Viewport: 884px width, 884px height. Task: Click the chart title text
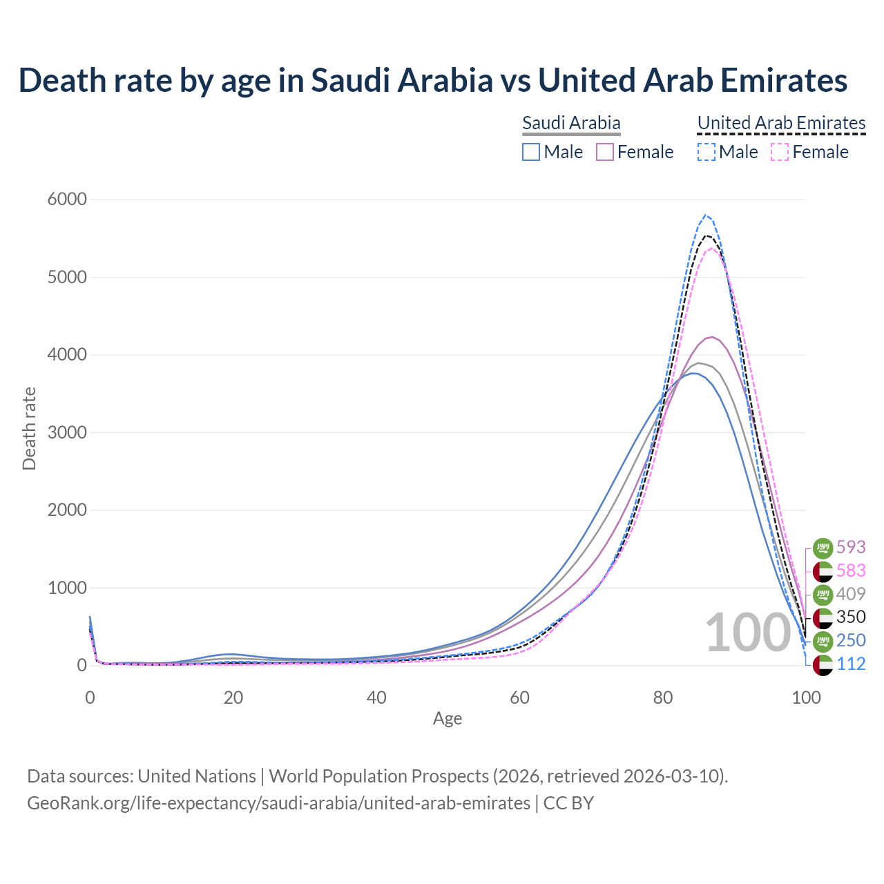(433, 80)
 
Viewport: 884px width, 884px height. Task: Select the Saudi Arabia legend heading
(571, 123)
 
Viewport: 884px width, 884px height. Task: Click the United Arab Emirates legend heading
(781, 123)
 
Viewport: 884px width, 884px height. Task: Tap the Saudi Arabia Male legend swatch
(531, 152)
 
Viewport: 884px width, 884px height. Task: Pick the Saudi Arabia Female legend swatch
(605, 152)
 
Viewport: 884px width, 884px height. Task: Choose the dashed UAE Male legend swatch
(706, 152)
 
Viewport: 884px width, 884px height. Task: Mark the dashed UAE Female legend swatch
(780, 152)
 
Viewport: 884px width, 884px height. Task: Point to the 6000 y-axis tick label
(67, 200)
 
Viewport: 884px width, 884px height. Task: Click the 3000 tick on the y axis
(67, 433)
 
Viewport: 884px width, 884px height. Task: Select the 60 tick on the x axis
(520, 698)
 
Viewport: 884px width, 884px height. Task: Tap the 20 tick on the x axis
(233, 698)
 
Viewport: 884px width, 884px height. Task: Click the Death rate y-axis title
(29, 429)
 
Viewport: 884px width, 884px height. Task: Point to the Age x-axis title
(448, 719)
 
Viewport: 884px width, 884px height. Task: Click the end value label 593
(851, 547)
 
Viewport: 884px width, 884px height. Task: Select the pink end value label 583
(851, 570)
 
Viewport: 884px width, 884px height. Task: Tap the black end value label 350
(851, 617)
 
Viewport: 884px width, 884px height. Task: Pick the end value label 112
(851, 664)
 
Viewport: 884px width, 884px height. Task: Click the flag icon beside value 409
(823, 594)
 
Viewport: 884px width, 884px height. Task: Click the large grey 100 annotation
(747, 633)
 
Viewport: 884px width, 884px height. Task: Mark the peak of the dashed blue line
(705, 215)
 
